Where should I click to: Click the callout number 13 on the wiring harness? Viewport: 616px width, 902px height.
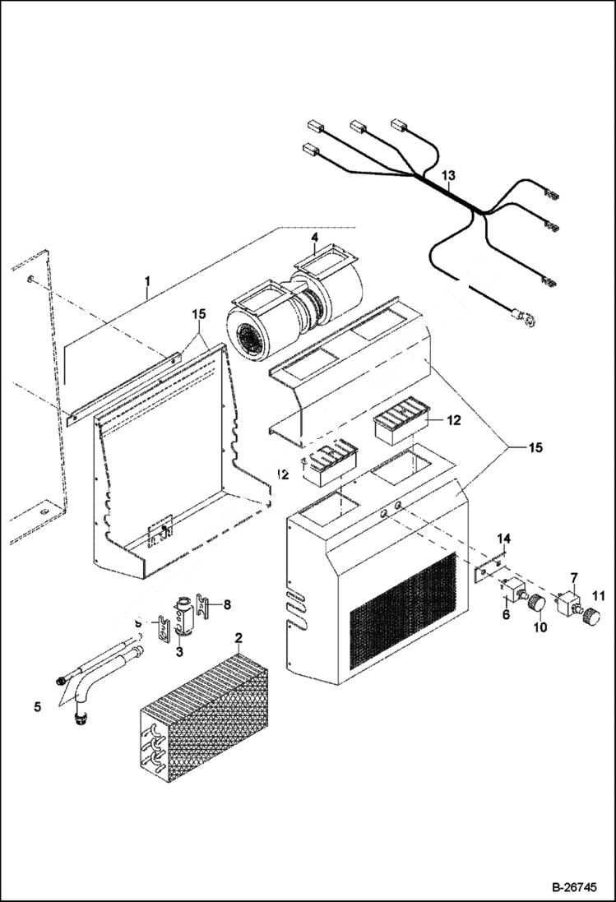(x=447, y=176)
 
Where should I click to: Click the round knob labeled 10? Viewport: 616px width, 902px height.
(x=536, y=603)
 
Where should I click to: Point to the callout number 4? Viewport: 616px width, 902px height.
(x=313, y=238)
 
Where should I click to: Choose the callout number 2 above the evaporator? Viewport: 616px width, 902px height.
(x=238, y=638)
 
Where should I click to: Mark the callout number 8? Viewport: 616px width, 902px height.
(x=227, y=604)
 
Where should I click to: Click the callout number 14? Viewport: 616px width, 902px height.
(x=505, y=538)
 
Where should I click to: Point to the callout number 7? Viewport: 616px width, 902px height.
(x=574, y=579)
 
